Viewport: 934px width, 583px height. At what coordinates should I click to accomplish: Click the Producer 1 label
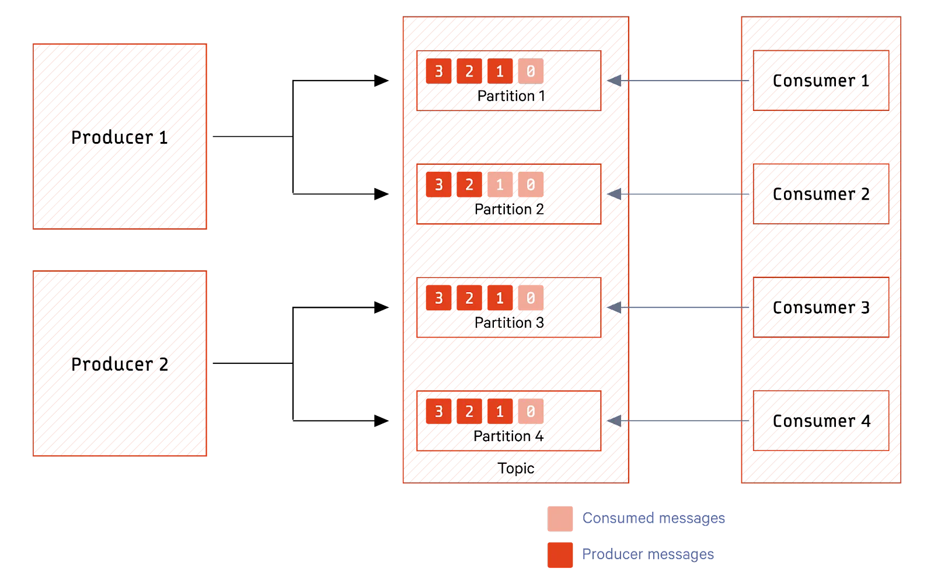tap(119, 138)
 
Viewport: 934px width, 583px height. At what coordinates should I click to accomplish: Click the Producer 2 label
tap(119, 365)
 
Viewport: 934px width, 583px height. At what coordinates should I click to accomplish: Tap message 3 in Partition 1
tap(438, 72)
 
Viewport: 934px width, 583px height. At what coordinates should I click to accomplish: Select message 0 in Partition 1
tap(530, 72)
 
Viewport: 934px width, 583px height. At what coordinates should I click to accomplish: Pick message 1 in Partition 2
tap(500, 185)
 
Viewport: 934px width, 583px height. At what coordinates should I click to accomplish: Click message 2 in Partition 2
tap(469, 185)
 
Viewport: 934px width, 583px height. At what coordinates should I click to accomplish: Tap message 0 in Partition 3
tap(530, 299)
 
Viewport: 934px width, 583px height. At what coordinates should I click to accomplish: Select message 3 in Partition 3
tap(438, 299)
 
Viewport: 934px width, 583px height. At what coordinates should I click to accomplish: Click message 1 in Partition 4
tap(500, 412)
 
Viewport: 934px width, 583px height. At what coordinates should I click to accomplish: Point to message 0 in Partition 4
tap(530, 412)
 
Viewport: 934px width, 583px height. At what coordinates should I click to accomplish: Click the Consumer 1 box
tap(821, 81)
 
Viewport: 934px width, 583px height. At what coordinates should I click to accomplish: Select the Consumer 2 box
tap(821, 194)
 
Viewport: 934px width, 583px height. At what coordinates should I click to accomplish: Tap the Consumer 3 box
tap(821, 307)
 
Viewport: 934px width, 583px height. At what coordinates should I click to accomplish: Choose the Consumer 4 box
tap(821, 421)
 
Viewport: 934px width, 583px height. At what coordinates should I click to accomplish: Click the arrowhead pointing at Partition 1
tap(613, 81)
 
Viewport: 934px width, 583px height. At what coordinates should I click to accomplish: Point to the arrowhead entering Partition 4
tap(613, 421)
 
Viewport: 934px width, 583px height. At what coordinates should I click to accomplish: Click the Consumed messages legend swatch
tap(560, 518)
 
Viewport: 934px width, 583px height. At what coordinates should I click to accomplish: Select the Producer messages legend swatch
tap(560, 555)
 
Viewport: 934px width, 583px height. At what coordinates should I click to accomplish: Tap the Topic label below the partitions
tap(516, 468)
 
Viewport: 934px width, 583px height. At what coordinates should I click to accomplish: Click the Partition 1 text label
tap(511, 96)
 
